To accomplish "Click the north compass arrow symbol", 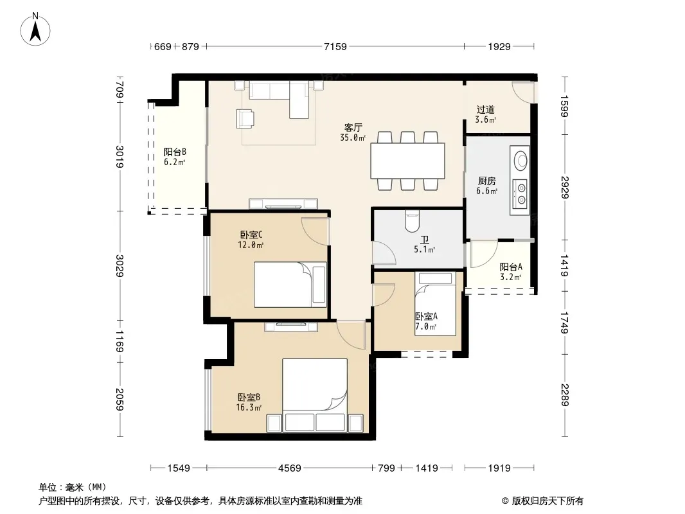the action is (x=35, y=30).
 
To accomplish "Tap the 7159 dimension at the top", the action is (x=335, y=46).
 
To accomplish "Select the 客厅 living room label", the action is (x=353, y=127).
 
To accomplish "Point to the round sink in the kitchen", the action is (x=520, y=160).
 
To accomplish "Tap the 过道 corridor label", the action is (x=485, y=109).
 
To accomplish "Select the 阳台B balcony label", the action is (x=175, y=152).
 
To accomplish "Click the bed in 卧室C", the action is (x=290, y=284).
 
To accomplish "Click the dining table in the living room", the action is (x=407, y=161).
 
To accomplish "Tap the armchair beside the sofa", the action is (x=245, y=118).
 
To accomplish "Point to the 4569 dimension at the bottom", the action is (x=289, y=468).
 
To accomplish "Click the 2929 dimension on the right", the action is (x=564, y=187).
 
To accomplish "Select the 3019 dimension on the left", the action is (x=120, y=156).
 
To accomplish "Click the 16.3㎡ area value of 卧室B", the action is (x=249, y=408).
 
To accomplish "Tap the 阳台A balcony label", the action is (x=511, y=267).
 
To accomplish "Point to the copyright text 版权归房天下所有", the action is (x=547, y=501).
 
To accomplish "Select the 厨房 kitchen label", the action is (x=486, y=181).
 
